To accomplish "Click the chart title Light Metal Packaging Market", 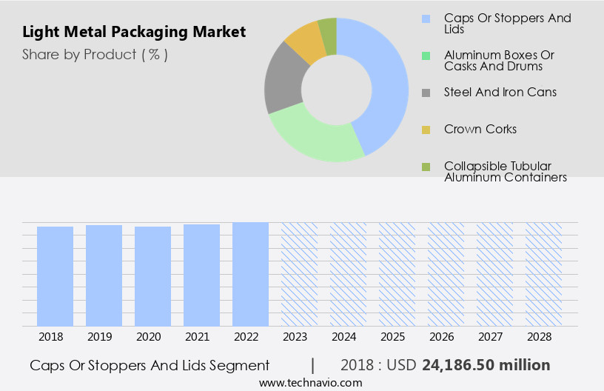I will [x=134, y=33].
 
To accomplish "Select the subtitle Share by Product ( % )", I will [x=95, y=54].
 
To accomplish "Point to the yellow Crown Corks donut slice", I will [x=306, y=43].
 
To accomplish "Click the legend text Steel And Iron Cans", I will [x=500, y=93].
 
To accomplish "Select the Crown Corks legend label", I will [x=480, y=130].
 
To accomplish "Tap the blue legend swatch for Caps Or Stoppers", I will [x=426, y=19].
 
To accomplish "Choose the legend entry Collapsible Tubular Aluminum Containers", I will [x=505, y=172].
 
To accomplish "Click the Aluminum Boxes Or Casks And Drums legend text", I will [x=498, y=61].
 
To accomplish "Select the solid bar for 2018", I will [x=56, y=275].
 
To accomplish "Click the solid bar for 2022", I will [x=250, y=273].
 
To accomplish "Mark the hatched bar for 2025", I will [x=397, y=273].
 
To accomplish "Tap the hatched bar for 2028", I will [x=543, y=273].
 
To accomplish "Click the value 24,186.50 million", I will [x=486, y=365].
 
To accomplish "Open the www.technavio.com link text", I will [x=311, y=383].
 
